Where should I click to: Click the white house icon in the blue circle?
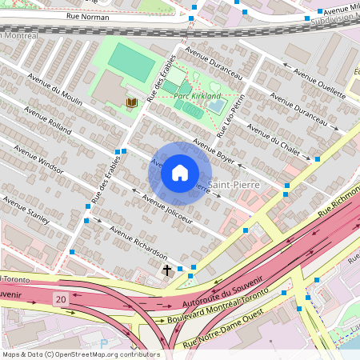[x=180, y=173]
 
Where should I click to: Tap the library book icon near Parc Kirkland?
[x=131, y=103]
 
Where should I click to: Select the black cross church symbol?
[x=167, y=271]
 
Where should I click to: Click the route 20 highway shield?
[x=62, y=298]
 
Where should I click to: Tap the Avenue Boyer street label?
[x=214, y=153]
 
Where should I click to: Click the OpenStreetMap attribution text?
[x=80, y=354]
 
